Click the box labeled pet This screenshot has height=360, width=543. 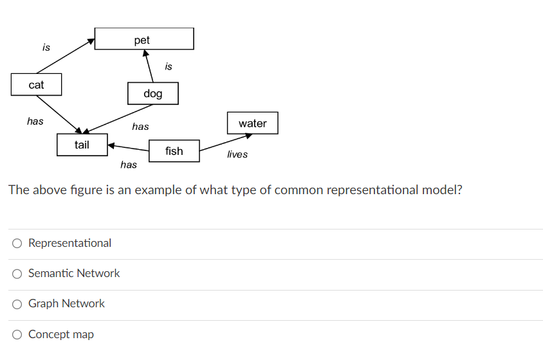(143, 39)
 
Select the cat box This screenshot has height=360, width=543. (37, 85)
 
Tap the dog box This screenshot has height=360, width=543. (153, 94)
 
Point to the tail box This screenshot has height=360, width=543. (82, 145)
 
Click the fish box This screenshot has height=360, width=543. (174, 151)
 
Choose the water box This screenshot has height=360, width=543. (252, 123)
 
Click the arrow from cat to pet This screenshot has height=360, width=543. (64, 57)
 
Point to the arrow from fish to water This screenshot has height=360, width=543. (225, 143)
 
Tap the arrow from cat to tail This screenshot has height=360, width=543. (59, 114)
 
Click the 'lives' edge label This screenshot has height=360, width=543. (237, 154)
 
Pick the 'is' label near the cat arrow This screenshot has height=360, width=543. (46, 47)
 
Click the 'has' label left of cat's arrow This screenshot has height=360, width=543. (35, 121)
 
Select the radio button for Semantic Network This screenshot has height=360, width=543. (17, 274)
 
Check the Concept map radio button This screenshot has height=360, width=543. (17, 334)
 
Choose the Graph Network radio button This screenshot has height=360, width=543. (17, 304)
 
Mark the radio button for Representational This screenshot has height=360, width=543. (17, 244)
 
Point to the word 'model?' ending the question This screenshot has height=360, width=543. (442, 190)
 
